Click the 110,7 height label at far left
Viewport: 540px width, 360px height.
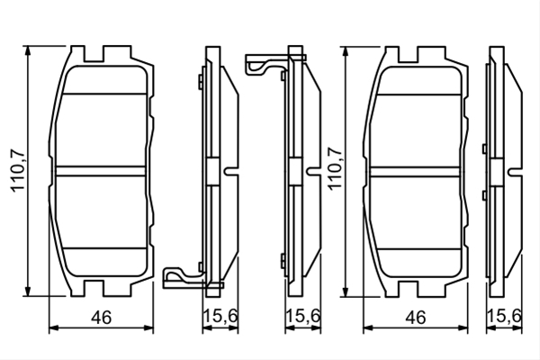pos(18,171)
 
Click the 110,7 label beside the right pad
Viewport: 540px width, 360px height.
pos(335,167)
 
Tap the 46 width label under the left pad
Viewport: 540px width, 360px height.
pos(102,318)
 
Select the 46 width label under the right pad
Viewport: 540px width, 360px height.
pos(416,318)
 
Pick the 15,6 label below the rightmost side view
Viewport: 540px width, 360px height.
pos(505,316)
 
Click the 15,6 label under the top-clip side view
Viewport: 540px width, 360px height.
pos(303,316)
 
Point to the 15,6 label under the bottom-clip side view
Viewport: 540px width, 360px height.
pos(220,316)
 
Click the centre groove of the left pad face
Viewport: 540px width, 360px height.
pos(100,171)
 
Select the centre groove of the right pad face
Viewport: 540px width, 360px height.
pos(415,172)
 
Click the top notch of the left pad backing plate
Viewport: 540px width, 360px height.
pos(94,54)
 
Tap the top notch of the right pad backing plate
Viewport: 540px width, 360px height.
pos(408,54)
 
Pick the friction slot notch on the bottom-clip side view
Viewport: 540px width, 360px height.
pos(231,171)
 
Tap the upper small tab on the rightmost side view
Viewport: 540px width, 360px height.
pos(484,148)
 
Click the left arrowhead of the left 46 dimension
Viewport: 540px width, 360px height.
pos(54,328)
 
